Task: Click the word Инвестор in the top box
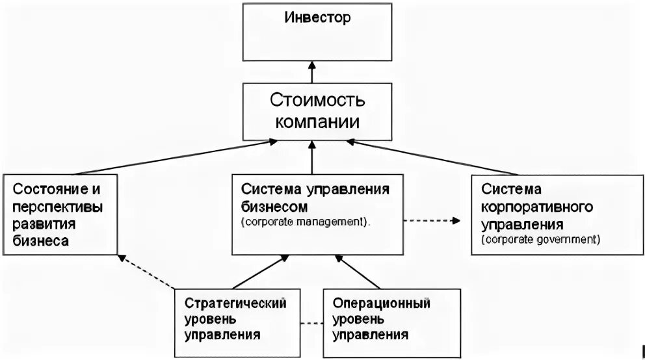click(x=317, y=18)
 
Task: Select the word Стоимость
click(x=317, y=101)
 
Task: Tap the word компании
click(x=317, y=122)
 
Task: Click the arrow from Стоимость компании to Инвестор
click(x=313, y=72)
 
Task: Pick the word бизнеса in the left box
click(x=41, y=241)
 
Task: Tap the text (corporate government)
click(x=540, y=239)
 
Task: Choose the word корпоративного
click(x=536, y=206)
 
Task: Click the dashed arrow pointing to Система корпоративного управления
click(x=431, y=220)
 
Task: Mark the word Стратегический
click(x=235, y=303)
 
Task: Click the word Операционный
click(x=381, y=303)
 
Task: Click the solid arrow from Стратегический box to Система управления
click(x=259, y=272)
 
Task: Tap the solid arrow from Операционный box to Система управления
click(x=358, y=272)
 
